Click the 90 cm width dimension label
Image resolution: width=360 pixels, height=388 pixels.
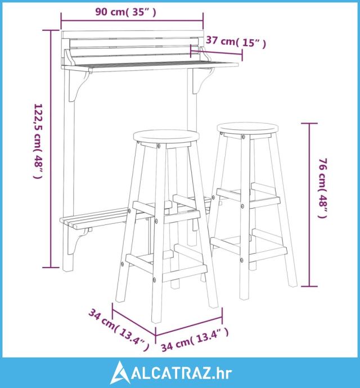126,12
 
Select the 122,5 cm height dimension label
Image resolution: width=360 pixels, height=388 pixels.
38,141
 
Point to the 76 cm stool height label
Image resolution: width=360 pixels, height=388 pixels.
323,188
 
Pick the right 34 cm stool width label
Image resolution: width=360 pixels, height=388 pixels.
195,339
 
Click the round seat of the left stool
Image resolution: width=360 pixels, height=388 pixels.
166,136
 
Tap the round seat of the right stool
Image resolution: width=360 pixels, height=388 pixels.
247,129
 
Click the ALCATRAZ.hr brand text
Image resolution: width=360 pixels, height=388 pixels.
182,373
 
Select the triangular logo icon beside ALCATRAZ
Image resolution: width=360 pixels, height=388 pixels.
120,372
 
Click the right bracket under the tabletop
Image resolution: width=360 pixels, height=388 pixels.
203,80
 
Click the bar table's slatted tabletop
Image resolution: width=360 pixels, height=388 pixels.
150,66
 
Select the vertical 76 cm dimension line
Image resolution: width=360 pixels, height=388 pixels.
309,205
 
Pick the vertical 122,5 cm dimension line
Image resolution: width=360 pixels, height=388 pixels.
51,148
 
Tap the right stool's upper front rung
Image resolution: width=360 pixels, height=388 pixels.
265,202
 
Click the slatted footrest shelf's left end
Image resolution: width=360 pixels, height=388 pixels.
66,221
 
